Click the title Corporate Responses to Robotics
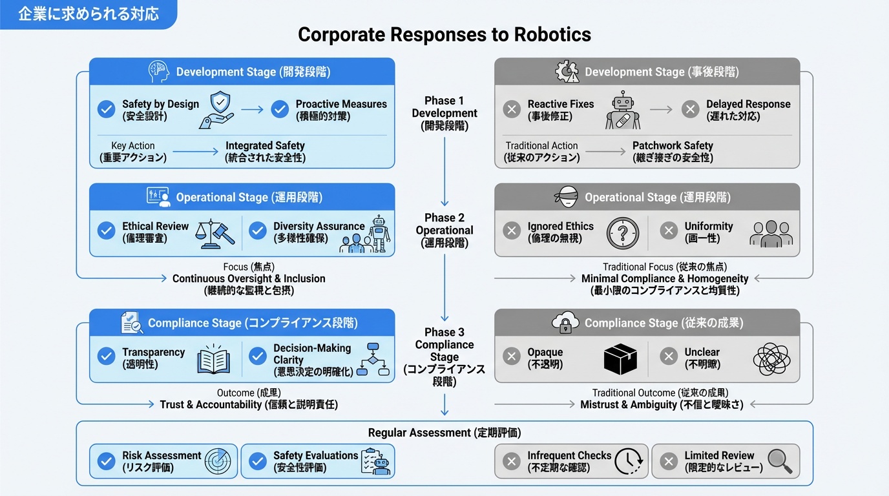pyautogui.click(x=444, y=34)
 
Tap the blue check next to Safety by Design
pyautogui.click(x=106, y=109)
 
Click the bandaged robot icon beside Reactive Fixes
pyautogui.click(x=623, y=110)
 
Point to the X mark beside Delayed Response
pyautogui.click(x=690, y=109)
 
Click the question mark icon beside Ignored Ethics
pyautogui.click(x=623, y=233)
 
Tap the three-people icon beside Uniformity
pyautogui.click(x=771, y=233)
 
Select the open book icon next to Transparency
pyautogui.click(x=213, y=359)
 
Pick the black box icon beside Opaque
pyautogui.click(x=620, y=359)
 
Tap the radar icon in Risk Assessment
pyautogui.click(x=217, y=461)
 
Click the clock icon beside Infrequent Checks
pyautogui.click(x=627, y=461)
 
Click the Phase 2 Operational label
pyautogui.click(x=444, y=231)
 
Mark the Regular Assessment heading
pyautogui.click(x=444, y=433)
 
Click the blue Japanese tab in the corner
pyautogui.click(x=88, y=14)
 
